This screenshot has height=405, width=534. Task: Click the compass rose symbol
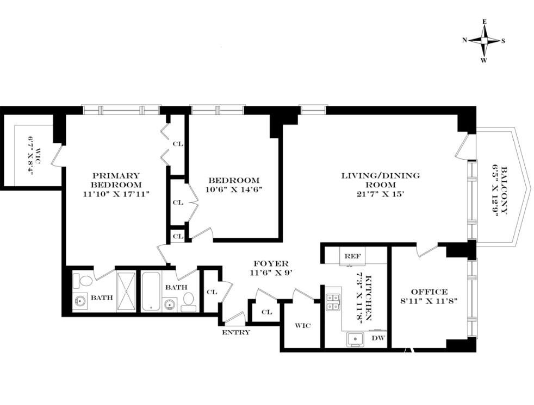[x=483, y=41]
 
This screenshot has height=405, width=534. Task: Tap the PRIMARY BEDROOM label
[x=116, y=180]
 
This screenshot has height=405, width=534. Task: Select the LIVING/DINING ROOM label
[x=381, y=180]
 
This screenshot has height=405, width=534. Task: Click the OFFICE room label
[x=429, y=292]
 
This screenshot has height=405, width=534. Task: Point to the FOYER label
[x=271, y=263]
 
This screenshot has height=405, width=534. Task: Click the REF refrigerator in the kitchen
[x=352, y=256]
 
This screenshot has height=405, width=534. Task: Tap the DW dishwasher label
[x=378, y=338]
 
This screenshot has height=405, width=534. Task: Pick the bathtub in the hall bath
[x=151, y=291]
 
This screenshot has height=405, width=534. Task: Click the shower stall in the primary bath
[x=126, y=292]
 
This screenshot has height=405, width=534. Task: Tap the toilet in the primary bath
[x=83, y=281]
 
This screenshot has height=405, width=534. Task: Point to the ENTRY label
[x=236, y=333]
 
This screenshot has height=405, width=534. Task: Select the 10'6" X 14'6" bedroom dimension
[x=233, y=190]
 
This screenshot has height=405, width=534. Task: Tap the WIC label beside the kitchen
[x=303, y=326]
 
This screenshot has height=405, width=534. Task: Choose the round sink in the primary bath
[x=80, y=302]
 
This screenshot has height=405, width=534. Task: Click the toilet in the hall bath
[x=188, y=302]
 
